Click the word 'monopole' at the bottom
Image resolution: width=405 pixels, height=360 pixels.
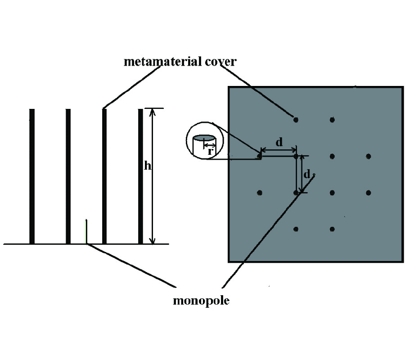(x=201, y=301)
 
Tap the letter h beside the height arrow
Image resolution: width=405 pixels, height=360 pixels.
(x=147, y=166)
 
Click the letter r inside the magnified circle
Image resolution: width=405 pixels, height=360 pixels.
(x=210, y=151)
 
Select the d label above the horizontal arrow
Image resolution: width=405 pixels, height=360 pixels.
(x=279, y=142)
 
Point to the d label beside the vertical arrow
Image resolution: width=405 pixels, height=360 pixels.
(x=307, y=174)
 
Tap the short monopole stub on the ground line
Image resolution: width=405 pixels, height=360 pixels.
(x=86, y=232)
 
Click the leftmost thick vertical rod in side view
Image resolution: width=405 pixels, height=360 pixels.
(x=32, y=176)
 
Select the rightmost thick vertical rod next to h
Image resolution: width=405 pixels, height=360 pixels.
(x=140, y=176)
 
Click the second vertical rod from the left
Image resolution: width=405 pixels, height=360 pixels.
(x=68, y=176)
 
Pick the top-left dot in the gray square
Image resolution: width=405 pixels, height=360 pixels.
(x=296, y=120)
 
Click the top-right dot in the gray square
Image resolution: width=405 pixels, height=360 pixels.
(x=332, y=120)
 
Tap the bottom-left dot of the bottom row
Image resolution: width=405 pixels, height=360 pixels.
(x=296, y=229)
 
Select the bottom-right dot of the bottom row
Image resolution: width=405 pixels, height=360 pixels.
(x=332, y=229)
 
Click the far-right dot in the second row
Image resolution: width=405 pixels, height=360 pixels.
(x=369, y=156)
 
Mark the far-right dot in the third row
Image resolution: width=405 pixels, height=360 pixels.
(x=369, y=193)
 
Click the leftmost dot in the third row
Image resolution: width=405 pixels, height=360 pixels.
(x=260, y=193)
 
